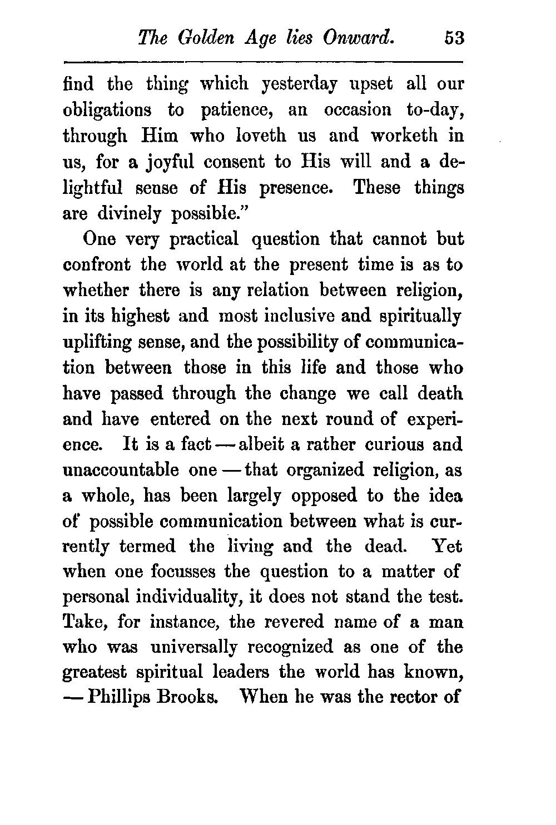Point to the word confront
click(x=97, y=266)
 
